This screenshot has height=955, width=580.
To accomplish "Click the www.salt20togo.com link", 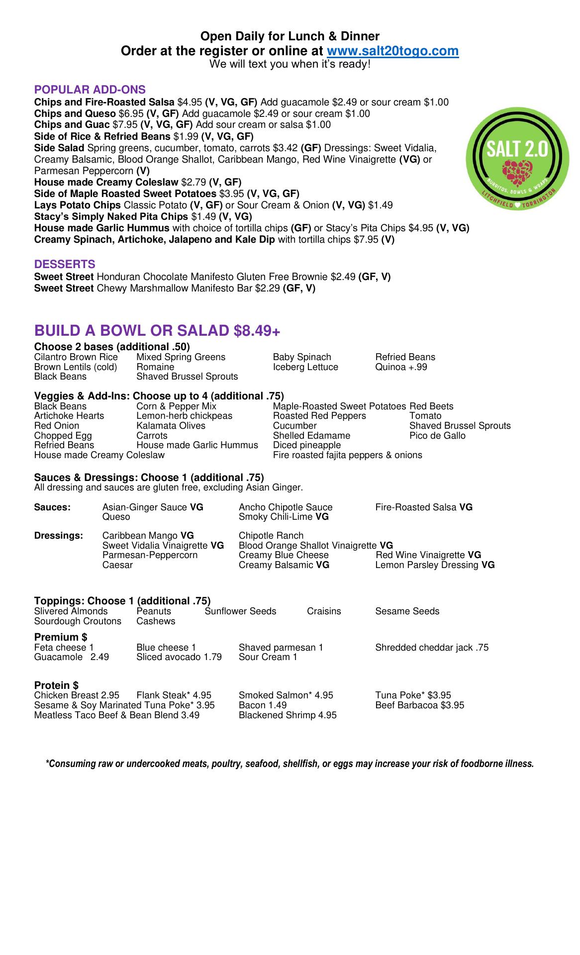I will [392, 51].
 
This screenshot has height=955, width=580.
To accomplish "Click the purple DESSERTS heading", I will [65, 264].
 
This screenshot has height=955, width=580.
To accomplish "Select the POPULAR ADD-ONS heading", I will [90, 90].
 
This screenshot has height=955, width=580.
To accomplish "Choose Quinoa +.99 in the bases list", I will [401, 367].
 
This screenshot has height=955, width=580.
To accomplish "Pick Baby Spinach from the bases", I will [302, 357].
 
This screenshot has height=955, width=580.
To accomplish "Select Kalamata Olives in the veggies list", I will [171, 426].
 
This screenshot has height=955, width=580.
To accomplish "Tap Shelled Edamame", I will [311, 436].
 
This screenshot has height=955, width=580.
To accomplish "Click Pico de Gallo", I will [437, 436].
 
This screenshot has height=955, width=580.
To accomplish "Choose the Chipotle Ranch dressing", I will [271, 536].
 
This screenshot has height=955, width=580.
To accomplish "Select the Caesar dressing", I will [117, 565].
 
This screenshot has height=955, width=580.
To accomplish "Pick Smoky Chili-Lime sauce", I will [284, 517].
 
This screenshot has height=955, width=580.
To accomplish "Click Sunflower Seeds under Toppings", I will [240, 611].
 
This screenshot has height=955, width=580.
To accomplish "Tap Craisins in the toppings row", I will [324, 611].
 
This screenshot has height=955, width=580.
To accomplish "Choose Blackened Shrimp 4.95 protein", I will [288, 715].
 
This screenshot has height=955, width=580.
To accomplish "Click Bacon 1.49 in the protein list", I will [263, 705].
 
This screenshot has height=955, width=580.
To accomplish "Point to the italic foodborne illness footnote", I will [290, 764].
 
